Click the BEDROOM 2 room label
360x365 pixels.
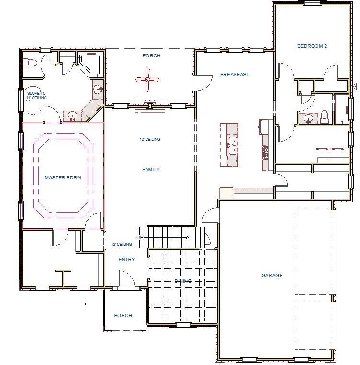tap(312, 46)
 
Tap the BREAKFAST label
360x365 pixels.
tap(235, 75)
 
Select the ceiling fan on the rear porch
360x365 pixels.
tap(148, 79)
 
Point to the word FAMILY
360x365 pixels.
tap(151, 170)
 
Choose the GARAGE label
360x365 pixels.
tap(272, 276)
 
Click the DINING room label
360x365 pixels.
tap(182, 281)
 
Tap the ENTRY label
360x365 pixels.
tap(126, 260)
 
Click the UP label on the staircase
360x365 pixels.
tap(140, 238)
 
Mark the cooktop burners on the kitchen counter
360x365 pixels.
tap(265, 152)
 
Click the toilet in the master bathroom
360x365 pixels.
tap(30, 63)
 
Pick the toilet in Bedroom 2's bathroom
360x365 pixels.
tap(324, 115)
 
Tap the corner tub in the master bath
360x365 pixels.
tap(90, 65)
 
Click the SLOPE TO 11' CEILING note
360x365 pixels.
tap(37, 96)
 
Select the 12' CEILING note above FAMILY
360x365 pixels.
tap(149, 140)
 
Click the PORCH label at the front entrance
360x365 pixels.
tap(123, 316)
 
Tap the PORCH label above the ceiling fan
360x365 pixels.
tap(151, 56)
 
